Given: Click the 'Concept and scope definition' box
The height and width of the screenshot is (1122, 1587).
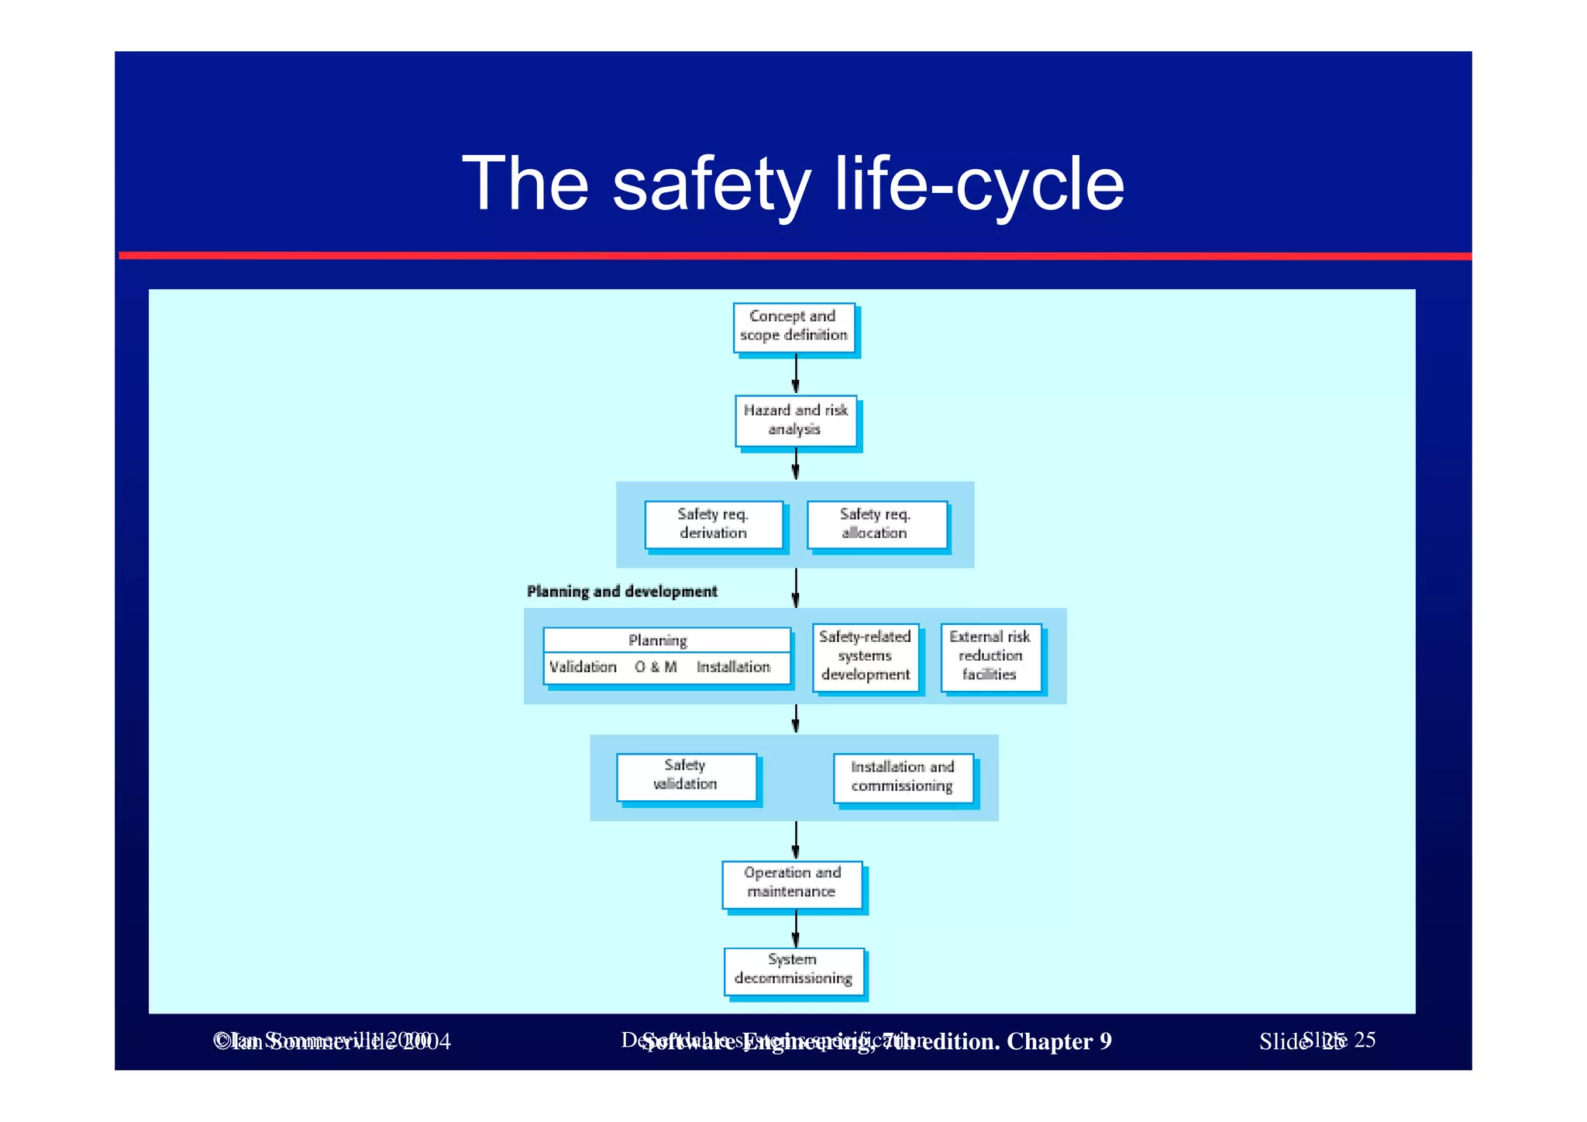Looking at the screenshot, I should click(793, 326).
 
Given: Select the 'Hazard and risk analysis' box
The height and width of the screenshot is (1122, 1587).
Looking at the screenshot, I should click(795, 420).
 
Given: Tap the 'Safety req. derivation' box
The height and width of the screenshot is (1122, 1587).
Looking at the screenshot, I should click(713, 524).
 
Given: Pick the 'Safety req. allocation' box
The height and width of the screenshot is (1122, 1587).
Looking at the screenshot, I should click(876, 524).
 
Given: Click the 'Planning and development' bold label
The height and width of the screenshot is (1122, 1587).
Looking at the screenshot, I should click(621, 592).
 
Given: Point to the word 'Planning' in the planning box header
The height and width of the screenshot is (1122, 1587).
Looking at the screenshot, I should click(657, 640).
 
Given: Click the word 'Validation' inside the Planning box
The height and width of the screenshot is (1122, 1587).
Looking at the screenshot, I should click(583, 667).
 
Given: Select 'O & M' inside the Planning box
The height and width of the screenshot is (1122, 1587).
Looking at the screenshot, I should click(656, 667).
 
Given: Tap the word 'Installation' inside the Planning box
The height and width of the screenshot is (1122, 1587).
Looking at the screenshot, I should click(733, 667).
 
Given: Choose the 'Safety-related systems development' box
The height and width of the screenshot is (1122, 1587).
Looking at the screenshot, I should click(865, 656).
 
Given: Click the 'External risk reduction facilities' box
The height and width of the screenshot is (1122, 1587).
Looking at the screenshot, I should click(990, 656).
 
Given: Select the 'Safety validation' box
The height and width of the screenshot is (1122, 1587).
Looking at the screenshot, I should click(686, 775).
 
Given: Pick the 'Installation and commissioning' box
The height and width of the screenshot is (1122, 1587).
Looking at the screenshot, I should click(902, 777).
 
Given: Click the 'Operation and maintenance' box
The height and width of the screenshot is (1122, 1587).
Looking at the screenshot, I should click(791, 882).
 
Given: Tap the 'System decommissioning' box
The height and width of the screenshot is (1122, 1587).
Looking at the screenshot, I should click(793, 969).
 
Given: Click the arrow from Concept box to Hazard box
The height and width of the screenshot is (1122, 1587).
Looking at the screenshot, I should click(796, 375).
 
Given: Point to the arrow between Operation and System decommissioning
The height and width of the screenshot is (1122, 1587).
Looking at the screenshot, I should click(796, 928).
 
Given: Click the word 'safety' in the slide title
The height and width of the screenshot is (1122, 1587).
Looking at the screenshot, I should click(711, 185).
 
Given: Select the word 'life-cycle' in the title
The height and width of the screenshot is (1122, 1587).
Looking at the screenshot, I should click(978, 185).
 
